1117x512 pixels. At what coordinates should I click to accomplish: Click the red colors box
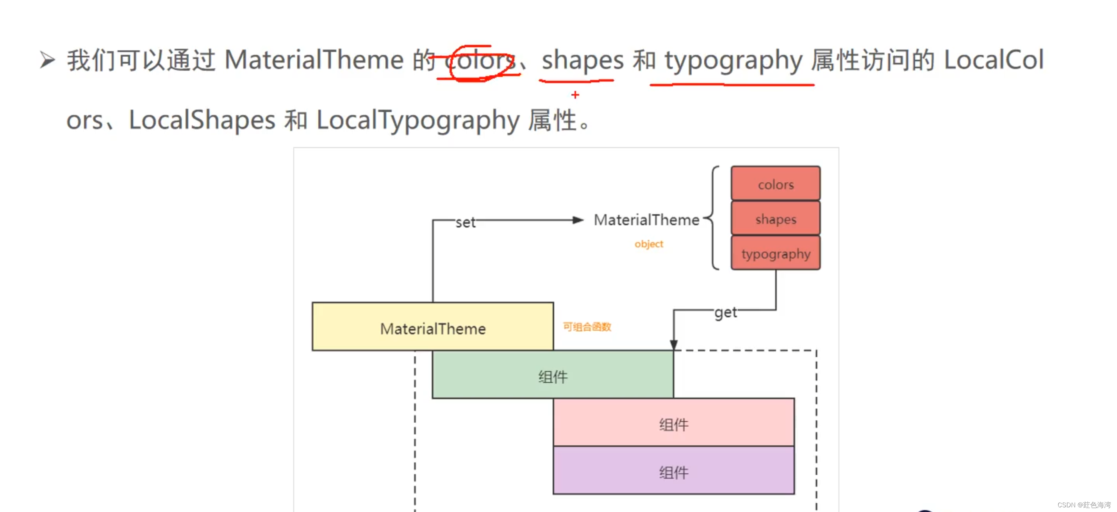coord(775,184)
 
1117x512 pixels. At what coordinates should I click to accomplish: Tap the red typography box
coord(775,253)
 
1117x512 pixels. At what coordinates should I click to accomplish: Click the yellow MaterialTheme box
coord(432,327)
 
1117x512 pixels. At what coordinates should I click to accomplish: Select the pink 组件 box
coord(673,423)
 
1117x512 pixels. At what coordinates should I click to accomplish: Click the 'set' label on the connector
coord(465,222)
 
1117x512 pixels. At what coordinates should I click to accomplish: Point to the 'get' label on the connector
coord(725,312)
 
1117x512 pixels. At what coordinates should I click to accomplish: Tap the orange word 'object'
coord(649,244)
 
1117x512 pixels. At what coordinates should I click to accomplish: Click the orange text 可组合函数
coord(587,327)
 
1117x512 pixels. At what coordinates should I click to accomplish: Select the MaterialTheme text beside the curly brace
coord(646,220)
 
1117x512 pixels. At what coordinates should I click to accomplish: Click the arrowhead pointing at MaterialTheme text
coord(578,220)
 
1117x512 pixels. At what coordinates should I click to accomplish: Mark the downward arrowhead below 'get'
coord(673,344)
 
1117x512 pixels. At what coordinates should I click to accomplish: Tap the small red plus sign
coord(575,94)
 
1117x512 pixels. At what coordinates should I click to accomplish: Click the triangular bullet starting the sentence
coord(47,60)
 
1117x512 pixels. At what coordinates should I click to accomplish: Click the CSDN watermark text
coord(1084,505)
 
